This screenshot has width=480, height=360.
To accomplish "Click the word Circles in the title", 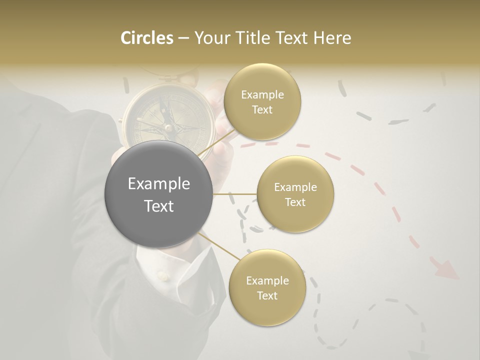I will (x=147, y=38).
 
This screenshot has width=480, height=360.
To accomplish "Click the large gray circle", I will (x=158, y=194).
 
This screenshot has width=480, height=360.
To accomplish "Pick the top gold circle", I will (x=262, y=102).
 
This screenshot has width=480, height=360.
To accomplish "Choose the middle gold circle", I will (x=295, y=194).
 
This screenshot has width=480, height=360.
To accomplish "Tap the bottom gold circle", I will (x=267, y=288).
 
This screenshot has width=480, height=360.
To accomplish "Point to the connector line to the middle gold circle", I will (x=235, y=194).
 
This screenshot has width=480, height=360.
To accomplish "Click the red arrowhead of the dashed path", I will (x=446, y=269).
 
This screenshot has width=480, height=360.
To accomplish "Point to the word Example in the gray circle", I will (x=158, y=184).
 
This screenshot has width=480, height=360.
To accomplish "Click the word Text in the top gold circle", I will (x=262, y=110).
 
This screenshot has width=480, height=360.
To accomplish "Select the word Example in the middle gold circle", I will (x=295, y=187).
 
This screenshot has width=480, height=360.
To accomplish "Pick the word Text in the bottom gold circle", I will (x=267, y=295).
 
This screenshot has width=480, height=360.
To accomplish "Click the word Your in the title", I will (x=210, y=38).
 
